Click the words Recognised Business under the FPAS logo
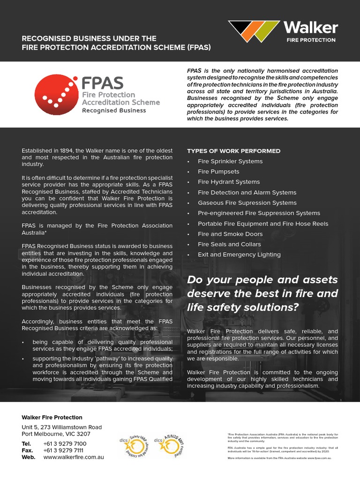(114, 111)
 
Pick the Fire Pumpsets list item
(218, 172)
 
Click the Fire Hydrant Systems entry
(228, 182)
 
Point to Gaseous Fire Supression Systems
(247, 203)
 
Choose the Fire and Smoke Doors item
(230, 234)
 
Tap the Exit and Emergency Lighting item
(239, 255)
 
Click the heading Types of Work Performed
(233, 151)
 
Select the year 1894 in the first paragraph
(66, 151)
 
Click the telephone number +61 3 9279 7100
(65, 443)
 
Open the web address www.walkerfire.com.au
(74, 457)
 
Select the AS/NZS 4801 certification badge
(169, 445)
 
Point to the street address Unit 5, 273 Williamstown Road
(61, 427)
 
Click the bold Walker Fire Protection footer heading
(52, 417)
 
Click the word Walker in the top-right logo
(310, 28)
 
